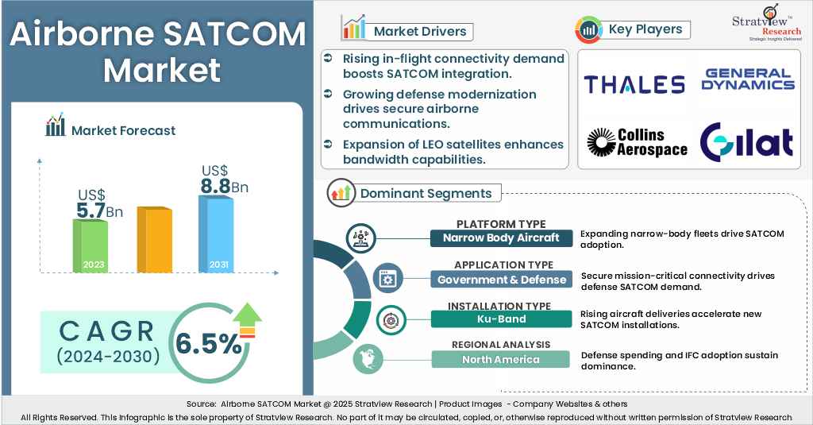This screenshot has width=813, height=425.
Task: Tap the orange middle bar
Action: pos(154,240)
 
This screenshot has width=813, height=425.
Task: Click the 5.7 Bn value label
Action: pos(99,211)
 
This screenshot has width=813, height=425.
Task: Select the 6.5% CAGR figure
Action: pos(209,343)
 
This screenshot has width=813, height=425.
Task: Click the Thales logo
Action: pos(634,84)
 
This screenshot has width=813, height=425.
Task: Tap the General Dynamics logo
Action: pos(747,79)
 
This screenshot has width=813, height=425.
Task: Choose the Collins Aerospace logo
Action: pos(637,142)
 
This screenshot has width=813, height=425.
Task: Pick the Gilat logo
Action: pos(746,142)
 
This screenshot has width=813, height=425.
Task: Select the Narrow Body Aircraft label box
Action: pos(501,238)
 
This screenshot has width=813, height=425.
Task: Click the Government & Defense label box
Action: pos(501,280)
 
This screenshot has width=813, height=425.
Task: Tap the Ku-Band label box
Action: pos(501,319)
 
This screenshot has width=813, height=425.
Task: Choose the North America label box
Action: pos(501,360)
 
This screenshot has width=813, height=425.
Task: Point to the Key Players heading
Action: pos(645,29)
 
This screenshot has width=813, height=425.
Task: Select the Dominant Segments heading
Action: pos(426,193)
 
